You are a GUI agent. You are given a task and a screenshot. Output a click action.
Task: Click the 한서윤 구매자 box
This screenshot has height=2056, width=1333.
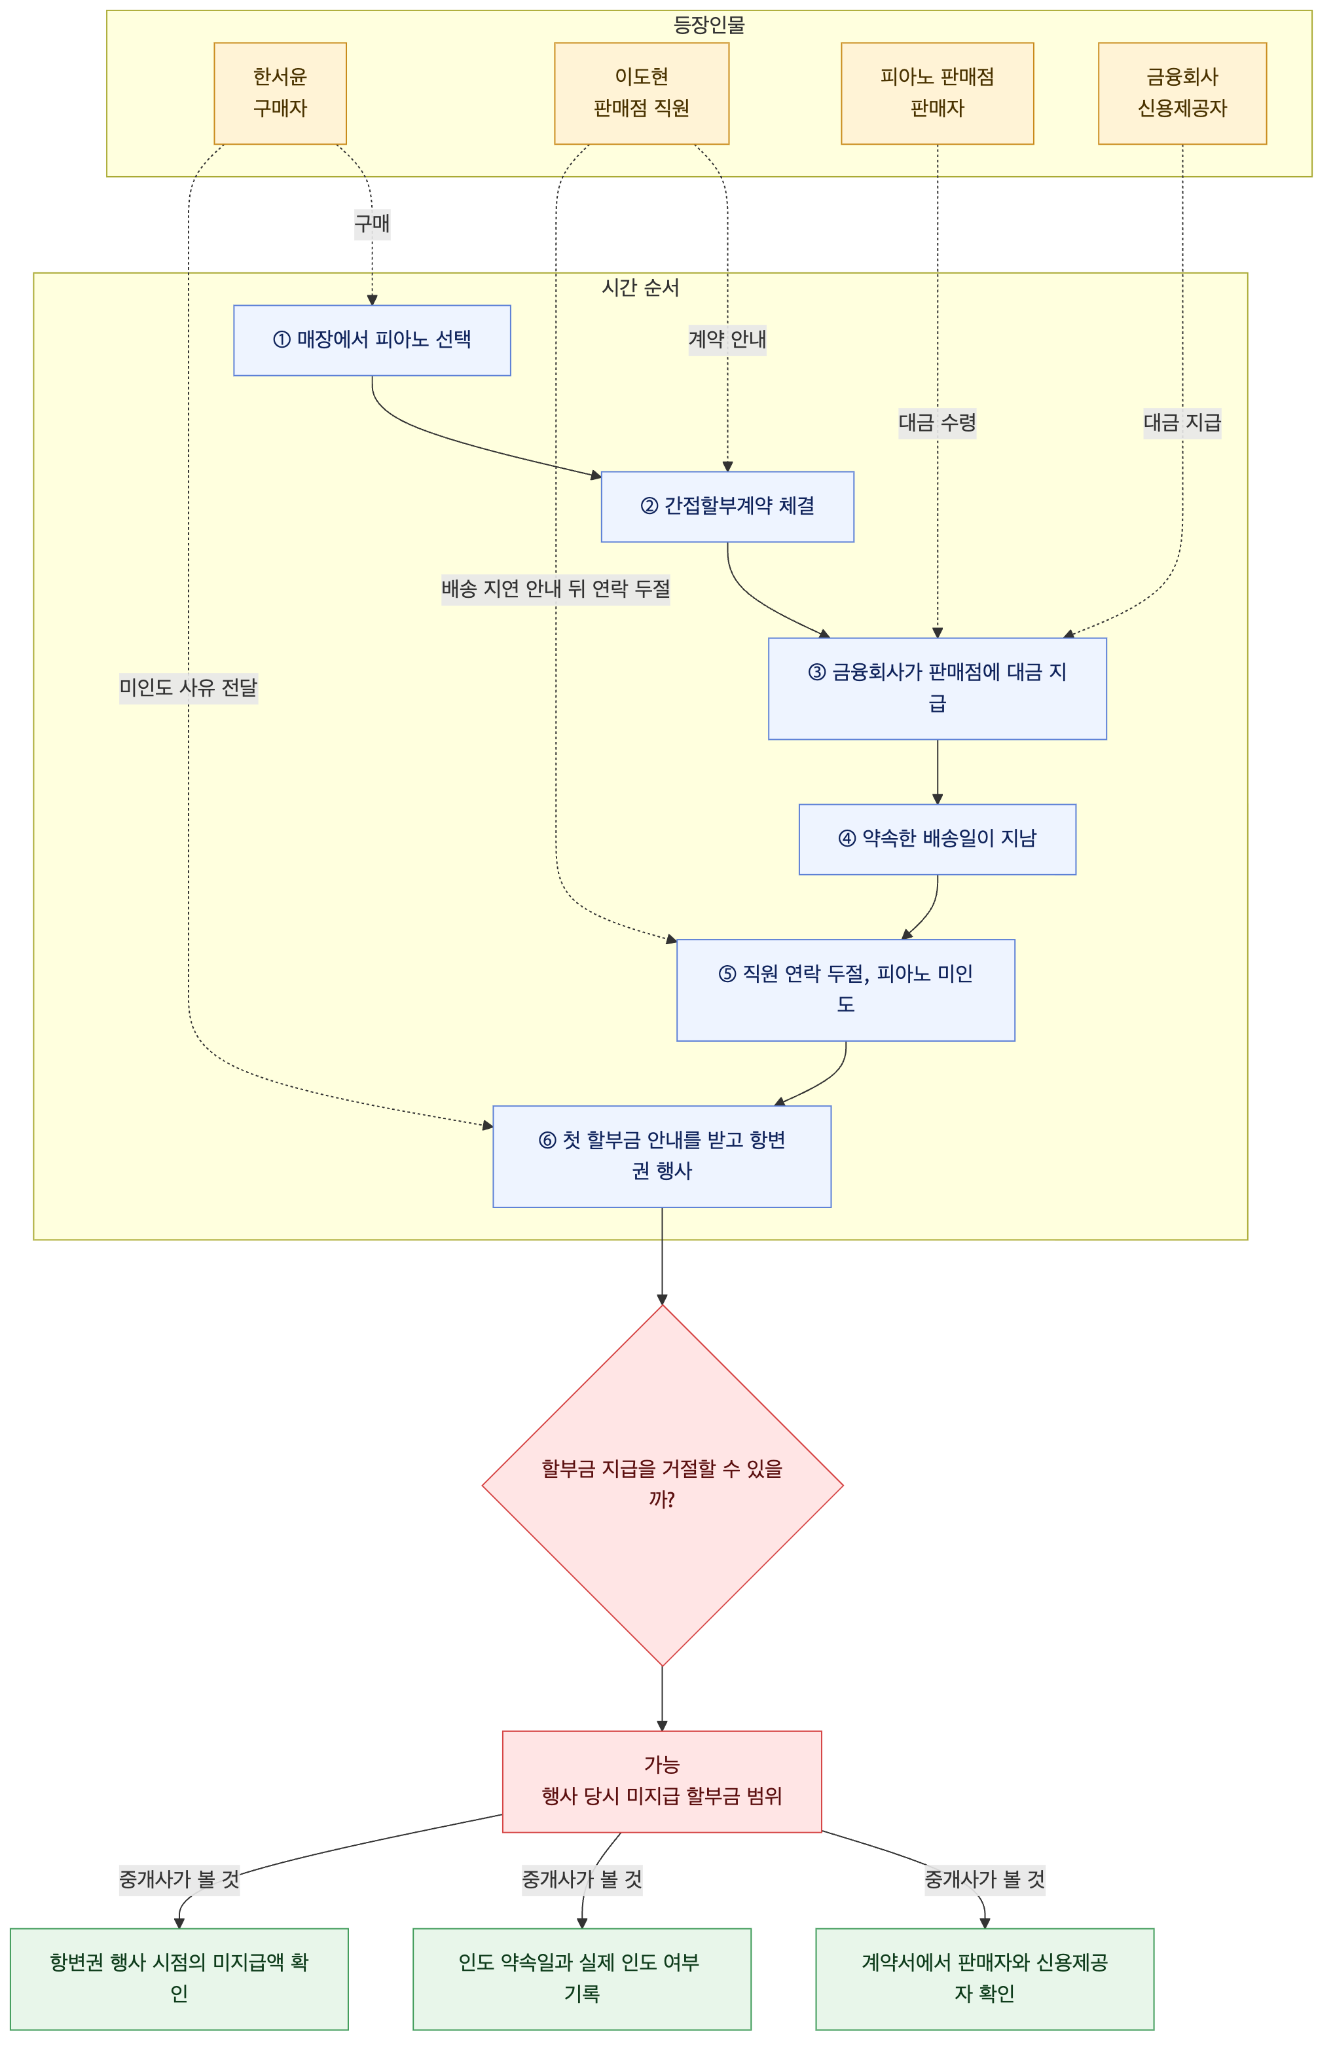(280, 93)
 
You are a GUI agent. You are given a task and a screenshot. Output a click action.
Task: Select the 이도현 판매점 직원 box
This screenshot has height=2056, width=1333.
(641, 93)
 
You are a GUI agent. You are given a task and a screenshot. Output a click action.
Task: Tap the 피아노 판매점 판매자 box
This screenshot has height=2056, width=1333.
(938, 93)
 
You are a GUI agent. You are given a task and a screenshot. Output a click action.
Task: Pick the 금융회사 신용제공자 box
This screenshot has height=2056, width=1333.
(1182, 93)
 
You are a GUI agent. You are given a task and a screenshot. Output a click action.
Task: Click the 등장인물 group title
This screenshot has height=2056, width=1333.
(709, 25)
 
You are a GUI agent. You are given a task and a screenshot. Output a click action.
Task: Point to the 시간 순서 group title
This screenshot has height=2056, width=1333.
(640, 287)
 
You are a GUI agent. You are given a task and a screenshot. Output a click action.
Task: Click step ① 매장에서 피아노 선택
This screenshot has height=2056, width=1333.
(373, 340)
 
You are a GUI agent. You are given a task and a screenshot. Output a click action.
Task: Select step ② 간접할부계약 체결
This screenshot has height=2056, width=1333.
(727, 507)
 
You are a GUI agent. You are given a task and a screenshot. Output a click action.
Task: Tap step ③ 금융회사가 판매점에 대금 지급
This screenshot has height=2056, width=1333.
(938, 689)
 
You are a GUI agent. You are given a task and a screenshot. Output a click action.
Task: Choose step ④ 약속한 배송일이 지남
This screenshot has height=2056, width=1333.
(938, 839)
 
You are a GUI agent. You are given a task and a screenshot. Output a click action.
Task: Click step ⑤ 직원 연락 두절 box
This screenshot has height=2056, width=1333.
(846, 990)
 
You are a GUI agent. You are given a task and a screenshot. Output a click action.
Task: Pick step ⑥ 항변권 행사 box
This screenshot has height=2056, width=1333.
(662, 1157)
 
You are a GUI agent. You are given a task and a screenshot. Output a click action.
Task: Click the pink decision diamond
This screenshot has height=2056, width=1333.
(663, 1485)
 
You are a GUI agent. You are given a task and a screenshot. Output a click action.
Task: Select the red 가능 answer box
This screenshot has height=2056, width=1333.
(662, 1781)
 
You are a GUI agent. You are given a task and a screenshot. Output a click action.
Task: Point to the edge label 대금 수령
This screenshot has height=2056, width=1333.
(938, 423)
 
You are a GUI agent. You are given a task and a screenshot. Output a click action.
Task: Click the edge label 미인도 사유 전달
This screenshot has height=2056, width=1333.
(189, 689)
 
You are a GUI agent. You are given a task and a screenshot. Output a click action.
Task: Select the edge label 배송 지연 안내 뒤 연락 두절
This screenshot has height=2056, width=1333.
(555, 589)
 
